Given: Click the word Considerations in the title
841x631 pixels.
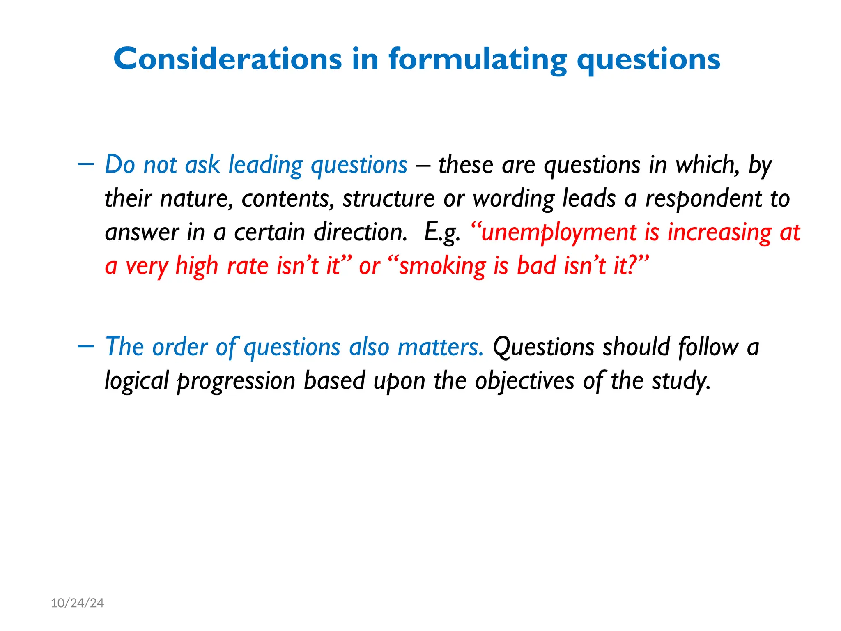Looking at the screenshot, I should [227, 59].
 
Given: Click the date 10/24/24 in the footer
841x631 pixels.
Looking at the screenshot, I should [77, 603].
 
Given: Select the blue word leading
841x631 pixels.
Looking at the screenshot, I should [265, 165].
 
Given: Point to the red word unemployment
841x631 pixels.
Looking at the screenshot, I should [558, 233].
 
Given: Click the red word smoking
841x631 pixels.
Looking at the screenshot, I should [443, 266].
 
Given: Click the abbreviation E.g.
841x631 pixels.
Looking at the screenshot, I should [442, 233].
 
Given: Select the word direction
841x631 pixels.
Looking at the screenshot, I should [360, 233].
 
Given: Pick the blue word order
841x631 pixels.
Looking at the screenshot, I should [180, 347].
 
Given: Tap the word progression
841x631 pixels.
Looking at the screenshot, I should [236, 381].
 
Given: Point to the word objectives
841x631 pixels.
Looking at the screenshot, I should [524, 381].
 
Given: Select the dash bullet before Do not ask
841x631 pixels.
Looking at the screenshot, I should [85, 164].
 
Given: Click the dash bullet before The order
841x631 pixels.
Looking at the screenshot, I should [85, 346].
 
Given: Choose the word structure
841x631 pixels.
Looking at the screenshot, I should [388, 199].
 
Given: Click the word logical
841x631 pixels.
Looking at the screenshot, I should [137, 381].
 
